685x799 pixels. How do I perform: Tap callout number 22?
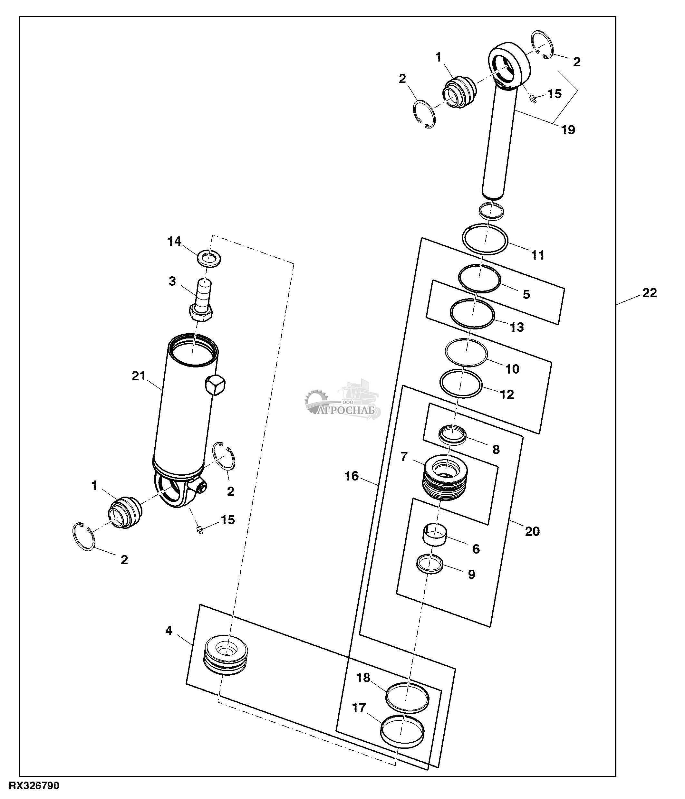(649, 293)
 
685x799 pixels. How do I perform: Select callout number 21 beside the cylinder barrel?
(139, 376)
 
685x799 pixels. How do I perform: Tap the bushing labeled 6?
(435, 535)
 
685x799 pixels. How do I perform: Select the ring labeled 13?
(472, 315)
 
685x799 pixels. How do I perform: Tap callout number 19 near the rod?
(568, 130)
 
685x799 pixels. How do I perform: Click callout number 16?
(352, 476)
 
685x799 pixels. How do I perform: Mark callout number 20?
(532, 531)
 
